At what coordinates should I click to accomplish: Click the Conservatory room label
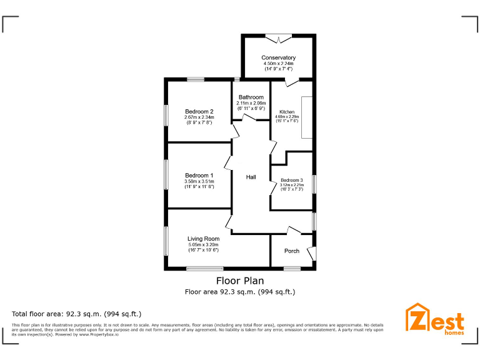279,57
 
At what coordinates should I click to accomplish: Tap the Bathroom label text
251,97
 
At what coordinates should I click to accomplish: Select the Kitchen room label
287,112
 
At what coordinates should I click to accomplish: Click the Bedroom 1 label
199,175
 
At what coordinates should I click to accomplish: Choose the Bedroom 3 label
291,180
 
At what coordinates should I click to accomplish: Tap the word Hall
251,177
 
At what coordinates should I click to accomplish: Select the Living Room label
203,239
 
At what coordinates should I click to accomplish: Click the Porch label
292,251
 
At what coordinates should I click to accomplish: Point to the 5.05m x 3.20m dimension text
203,244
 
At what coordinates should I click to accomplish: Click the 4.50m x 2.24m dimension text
279,64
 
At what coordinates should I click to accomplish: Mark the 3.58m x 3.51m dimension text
199,181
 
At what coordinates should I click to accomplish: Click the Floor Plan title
240,281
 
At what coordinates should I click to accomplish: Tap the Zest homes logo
436,319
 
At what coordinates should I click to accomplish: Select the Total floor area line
77,314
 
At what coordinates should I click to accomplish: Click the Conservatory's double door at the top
279,37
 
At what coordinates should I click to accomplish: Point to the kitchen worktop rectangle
307,117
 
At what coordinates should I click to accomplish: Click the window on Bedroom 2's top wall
195,79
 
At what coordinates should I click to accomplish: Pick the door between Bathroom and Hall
249,117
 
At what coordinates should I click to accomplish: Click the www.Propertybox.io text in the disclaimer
100,334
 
